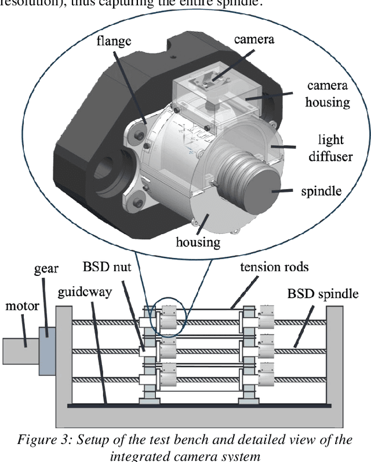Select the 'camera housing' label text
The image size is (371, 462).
pyautogui.click(x=328, y=94)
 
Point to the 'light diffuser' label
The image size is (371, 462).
pyautogui.click(x=331, y=148)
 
